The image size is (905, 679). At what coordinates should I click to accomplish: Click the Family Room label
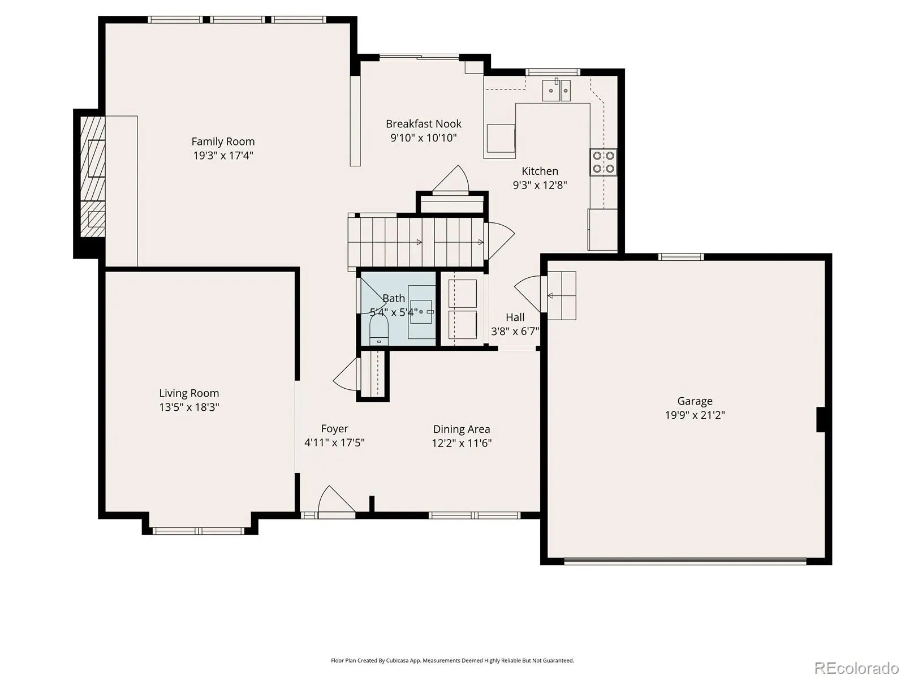click(x=223, y=141)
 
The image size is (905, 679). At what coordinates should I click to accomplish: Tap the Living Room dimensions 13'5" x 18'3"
click(x=189, y=407)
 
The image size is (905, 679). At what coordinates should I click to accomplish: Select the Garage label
click(x=695, y=401)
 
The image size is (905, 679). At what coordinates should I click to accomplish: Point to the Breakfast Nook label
click(x=424, y=124)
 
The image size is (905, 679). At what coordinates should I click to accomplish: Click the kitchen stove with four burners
click(x=603, y=162)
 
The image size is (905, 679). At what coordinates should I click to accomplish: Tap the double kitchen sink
click(x=556, y=91)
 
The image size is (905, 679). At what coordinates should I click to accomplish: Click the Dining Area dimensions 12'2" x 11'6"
click(x=462, y=443)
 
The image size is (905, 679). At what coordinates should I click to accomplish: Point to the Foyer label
click(x=334, y=429)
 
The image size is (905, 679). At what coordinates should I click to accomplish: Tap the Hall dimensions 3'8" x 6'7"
click(x=515, y=331)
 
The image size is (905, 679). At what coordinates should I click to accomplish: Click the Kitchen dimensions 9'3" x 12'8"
click(x=540, y=184)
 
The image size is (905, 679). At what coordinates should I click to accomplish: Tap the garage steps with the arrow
click(x=561, y=295)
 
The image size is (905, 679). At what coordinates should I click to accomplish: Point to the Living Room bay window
click(x=199, y=531)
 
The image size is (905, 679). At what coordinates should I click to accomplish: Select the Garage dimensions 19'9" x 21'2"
click(x=695, y=415)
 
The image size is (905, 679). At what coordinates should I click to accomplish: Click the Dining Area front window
click(x=475, y=515)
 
